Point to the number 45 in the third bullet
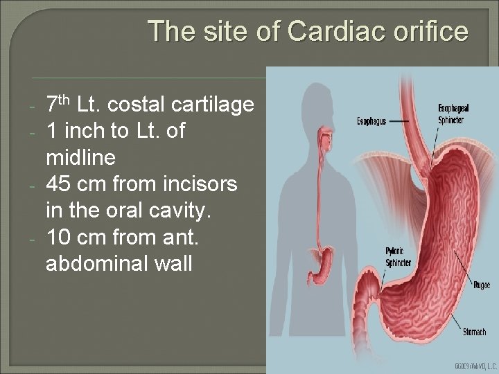coord(58,186)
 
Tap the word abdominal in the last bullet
coord(101,265)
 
